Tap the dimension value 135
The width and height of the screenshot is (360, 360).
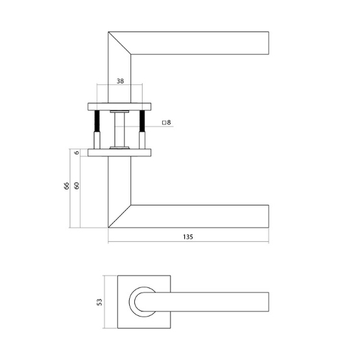coord(188,237)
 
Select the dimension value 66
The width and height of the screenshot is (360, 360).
coord(66,187)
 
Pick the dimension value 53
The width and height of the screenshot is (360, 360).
coord(99,302)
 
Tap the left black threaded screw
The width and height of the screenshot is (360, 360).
coord(97,121)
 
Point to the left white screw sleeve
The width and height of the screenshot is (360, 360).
coord(97,139)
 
